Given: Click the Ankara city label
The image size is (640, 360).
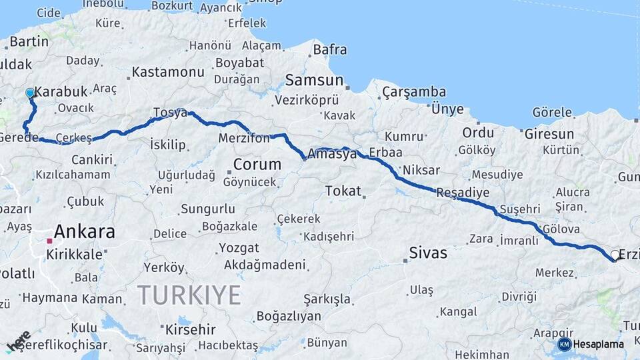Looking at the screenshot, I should [x=84, y=232].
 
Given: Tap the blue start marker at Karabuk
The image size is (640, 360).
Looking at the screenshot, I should [x=30, y=93].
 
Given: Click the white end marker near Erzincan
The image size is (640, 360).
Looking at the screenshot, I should [x=615, y=255].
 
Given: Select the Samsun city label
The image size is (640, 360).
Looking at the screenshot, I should [x=314, y=80].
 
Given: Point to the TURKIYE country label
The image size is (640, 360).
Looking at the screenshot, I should [x=189, y=294].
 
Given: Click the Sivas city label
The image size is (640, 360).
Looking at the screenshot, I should [x=428, y=253].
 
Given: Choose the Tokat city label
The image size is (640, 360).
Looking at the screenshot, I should [x=343, y=191].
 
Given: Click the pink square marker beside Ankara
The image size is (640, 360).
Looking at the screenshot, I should [x=49, y=241].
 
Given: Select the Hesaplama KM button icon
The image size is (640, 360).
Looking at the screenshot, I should [x=564, y=344].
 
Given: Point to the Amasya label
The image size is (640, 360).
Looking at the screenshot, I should [x=332, y=154].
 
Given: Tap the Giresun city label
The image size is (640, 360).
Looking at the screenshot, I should [x=549, y=133].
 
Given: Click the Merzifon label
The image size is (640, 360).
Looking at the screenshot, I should [x=244, y=139].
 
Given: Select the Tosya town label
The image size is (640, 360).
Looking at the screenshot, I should [x=170, y=113].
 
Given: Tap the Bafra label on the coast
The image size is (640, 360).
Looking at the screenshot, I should [x=330, y=49].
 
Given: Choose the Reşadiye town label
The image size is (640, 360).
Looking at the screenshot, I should [x=463, y=193].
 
